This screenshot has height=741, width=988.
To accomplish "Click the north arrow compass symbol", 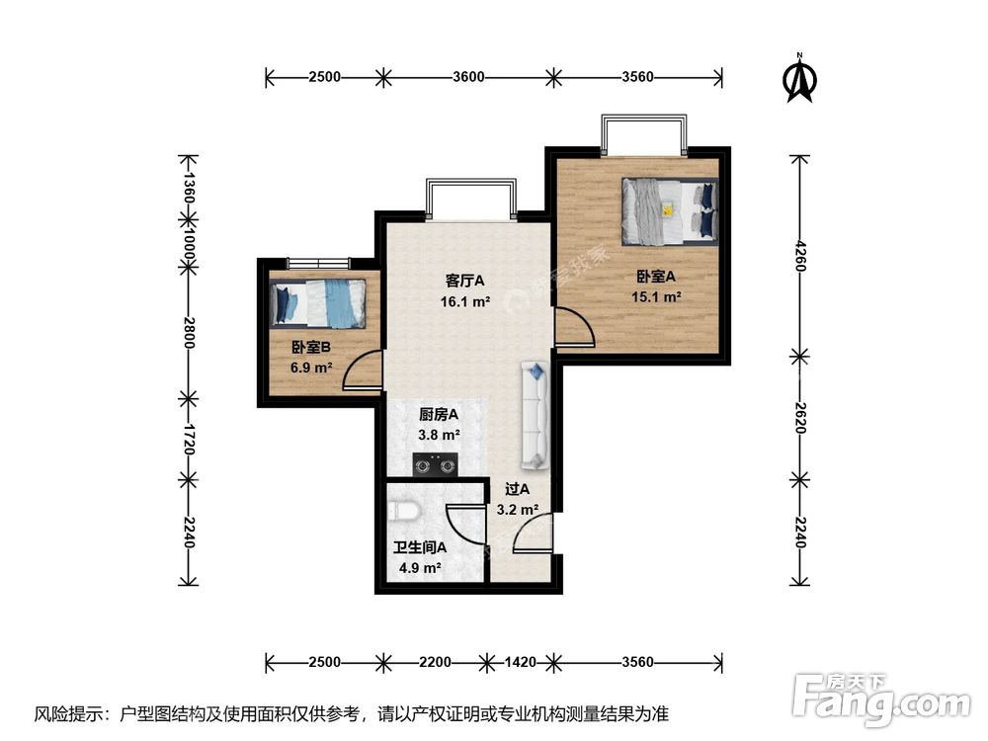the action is point(799,78).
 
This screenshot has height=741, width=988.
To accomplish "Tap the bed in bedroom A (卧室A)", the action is point(670,211).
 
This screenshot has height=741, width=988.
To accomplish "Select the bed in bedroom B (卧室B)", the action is point(318,303).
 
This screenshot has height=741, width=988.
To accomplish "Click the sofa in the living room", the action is point(535,415).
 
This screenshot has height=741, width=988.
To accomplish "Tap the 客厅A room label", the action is point(464,281).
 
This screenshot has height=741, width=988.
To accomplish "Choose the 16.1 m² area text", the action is point(465,301).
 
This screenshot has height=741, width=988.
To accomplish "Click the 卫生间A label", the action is point(420,547).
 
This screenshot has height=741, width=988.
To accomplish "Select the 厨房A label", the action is point(439,415).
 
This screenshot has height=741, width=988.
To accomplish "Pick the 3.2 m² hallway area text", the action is point(518,509).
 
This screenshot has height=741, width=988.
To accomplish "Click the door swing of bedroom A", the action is point(574,326).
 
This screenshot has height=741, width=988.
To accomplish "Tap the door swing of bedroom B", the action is point(363,370).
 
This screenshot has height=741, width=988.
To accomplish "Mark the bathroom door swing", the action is point(465,526).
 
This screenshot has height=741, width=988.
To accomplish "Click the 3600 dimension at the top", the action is point(468,77).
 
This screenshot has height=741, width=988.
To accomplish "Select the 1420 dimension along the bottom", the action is point(521,662).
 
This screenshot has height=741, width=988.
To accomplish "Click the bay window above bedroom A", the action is point(643,134).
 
